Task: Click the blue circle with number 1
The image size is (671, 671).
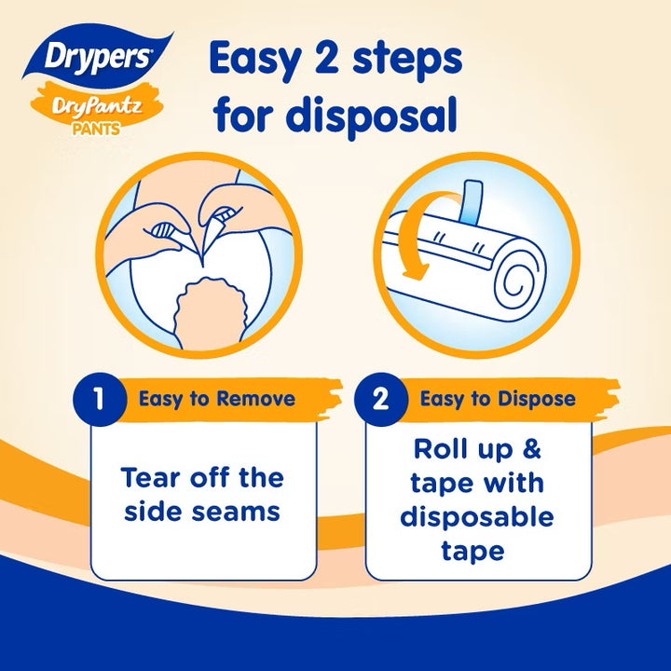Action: point(99,400)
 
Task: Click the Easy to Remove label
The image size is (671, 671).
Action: point(217,400)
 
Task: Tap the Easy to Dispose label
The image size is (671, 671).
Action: point(497,400)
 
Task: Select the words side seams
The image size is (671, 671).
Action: point(202,513)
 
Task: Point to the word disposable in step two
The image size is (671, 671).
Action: point(476,515)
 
